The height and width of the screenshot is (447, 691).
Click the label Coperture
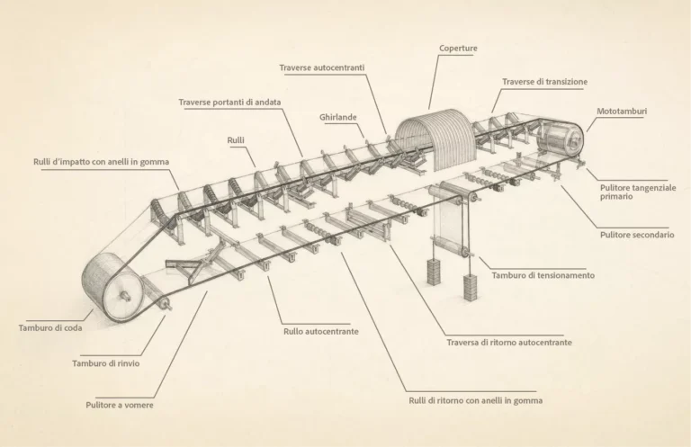pyautogui.click(x=458, y=49)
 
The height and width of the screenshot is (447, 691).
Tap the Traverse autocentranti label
pyautogui.click(x=322, y=67)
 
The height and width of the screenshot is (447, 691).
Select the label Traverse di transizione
pyautogui.click(x=544, y=82)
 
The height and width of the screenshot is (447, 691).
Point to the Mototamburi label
pyautogui.click(x=622, y=112)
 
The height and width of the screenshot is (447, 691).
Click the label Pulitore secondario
pyautogui.click(x=637, y=235)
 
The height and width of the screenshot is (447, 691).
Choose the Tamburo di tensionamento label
pyautogui.click(x=543, y=276)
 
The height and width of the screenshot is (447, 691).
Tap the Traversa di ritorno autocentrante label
pyautogui.click(x=509, y=343)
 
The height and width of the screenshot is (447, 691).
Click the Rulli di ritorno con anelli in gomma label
pyautogui.click(x=475, y=401)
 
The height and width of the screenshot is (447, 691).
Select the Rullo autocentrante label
pyautogui.click(x=321, y=332)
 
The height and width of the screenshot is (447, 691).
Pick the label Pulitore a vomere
pyautogui.click(x=120, y=405)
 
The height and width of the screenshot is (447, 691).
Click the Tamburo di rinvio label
pyautogui.click(x=106, y=363)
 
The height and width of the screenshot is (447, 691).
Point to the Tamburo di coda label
pyautogui.click(x=50, y=328)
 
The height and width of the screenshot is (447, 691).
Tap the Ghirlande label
pyautogui.click(x=338, y=118)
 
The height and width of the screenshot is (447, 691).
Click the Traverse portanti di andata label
pyautogui.click(x=229, y=103)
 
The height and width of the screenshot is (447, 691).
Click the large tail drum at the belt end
pyautogui.click(x=112, y=289)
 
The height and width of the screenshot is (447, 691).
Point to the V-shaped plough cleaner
pyautogui.click(x=194, y=265)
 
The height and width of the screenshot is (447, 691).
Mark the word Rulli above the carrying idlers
pyautogui.click(x=236, y=140)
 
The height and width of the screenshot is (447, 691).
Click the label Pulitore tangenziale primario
pyautogui.click(x=638, y=192)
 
